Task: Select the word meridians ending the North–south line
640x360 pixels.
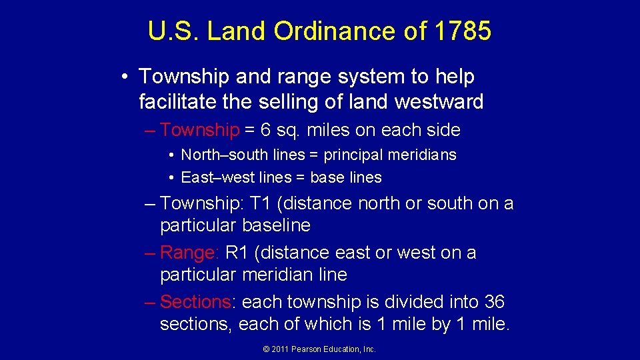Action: [x=425, y=155]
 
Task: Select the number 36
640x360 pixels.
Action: [x=495, y=302]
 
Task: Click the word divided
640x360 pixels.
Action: [x=421, y=302]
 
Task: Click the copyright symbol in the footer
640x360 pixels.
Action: [x=267, y=349]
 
